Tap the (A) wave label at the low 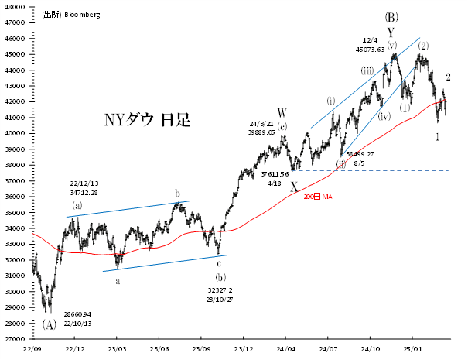coord(50,324)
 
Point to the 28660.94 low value coord(77,314)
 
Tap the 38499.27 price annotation coord(359,154)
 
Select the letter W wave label coord(282,114)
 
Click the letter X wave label coord(294,186)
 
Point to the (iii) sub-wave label coord(367,70)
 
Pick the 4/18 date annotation coord(274,184)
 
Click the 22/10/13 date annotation coord(77,324)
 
